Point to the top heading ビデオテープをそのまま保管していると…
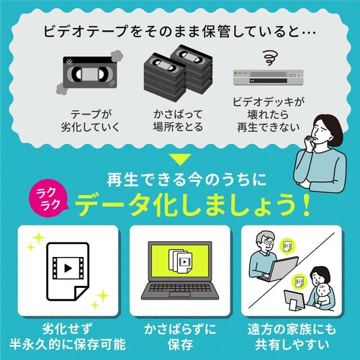[180, 35]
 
